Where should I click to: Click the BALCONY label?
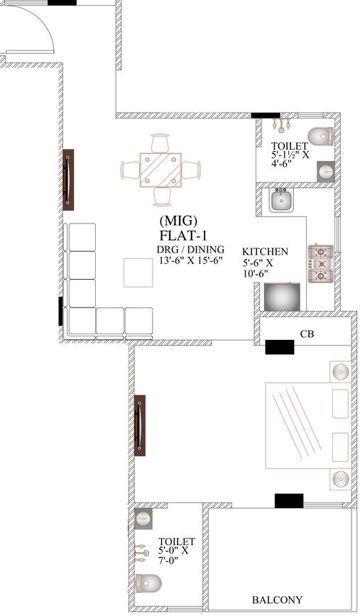click(x=278, y=600)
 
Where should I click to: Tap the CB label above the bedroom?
click(x=307, y=334)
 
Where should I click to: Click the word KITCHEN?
click(x=265, y=252)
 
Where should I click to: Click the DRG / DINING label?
click(x=190, y=249)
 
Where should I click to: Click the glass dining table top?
click(x=160, y=170)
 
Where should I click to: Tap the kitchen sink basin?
click(x=281, y=202)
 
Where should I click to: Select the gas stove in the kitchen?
click(x=320, y=263)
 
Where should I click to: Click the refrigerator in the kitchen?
click(x=281, y=297)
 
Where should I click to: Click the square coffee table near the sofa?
click(x=138, y=273)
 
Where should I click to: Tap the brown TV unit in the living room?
click(x=68, y=180)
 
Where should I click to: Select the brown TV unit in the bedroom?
click(x=140, y=425)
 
